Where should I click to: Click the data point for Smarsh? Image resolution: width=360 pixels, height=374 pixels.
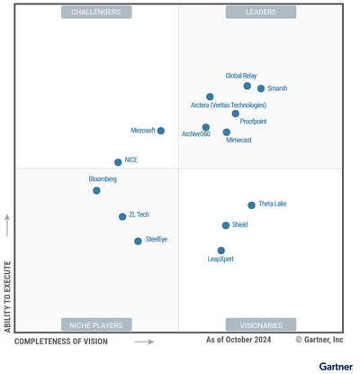point(261,88)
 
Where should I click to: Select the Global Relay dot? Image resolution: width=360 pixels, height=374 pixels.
point(247,86)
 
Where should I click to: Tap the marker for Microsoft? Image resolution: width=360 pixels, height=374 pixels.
point(161,131)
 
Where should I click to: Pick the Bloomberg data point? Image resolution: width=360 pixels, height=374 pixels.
point(96,190)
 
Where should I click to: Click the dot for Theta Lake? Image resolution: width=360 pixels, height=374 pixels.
point(252,205)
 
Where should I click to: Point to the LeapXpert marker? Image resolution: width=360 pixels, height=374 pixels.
point(221,251)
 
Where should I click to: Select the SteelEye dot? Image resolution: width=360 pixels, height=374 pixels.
point(138,241)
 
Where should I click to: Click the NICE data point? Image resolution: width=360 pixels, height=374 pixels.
point(118,162)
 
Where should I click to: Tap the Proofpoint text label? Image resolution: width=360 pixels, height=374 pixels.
point(253,121)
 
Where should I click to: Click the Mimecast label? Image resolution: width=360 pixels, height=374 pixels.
point(238,141)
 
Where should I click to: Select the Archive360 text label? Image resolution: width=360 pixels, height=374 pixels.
point(196,134)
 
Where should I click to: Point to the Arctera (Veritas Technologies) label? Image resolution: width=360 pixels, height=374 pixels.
point(229,105)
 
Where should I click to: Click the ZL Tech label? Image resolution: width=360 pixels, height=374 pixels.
point(139,214)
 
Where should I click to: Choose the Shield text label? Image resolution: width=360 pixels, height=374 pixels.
point(239,224)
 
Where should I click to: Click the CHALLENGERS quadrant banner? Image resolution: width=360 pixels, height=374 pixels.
point(96,12)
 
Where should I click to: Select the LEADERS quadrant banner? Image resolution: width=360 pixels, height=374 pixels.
point(261,12)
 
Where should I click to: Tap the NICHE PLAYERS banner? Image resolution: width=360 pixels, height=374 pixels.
point(96,324)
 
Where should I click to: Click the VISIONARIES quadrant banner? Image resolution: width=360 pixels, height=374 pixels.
point(261,324)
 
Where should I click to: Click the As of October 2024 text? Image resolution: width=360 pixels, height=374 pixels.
point(238,340)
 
